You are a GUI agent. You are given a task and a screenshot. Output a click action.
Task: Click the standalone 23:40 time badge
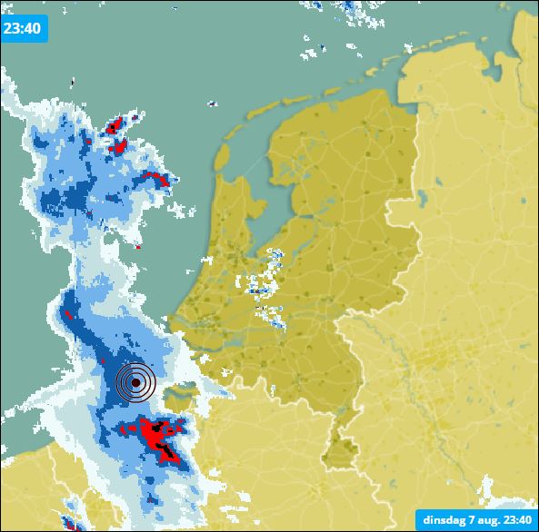(x=23, y=28)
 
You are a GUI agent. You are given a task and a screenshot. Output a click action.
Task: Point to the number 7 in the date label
(x=470, y=520)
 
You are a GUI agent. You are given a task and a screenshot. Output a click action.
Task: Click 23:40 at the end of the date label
(x=515, y=520)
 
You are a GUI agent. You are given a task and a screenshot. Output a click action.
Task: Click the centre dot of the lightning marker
(x=135, y=383)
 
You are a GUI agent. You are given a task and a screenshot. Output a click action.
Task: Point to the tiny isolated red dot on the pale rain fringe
(x=138, y=246)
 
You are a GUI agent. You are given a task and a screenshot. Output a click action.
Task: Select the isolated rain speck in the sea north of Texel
(x=211, y=103)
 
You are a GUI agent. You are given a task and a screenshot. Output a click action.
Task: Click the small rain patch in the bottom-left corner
(x=69, y=521)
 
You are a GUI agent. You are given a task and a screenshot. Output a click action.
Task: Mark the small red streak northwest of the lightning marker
(x=66, y=314)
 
